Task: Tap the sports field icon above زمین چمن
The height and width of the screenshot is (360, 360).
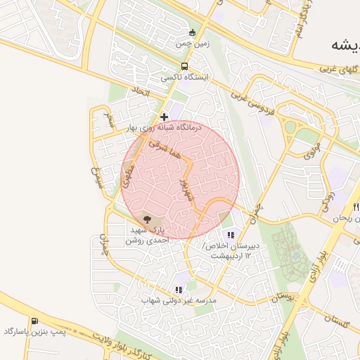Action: click(x=193, y=32)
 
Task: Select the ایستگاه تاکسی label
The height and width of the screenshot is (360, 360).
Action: click(x=184, y=78)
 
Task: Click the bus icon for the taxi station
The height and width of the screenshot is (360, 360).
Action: click(x=184, y=66)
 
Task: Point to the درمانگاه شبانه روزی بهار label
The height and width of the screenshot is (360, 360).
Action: click(x=164, y=128)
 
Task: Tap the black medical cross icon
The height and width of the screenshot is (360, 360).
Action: click(x=164, y=117)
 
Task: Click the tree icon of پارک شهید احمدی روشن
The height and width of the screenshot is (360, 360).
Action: click(x=146, y=219)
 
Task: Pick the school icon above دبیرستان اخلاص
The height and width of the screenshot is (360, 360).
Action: click(x=230, y=235)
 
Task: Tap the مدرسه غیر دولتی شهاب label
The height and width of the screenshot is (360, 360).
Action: click(x=179, y=300)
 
